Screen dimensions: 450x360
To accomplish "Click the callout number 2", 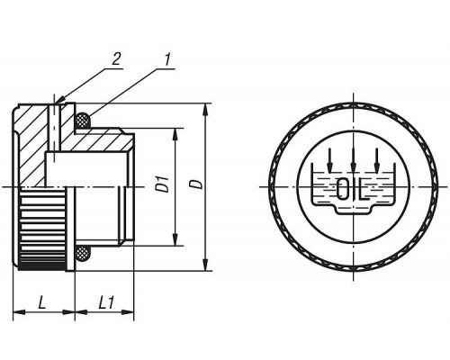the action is pyautogui.click(x=116, y=58).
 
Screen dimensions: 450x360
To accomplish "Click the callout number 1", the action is pyautogui.click(x=167, y=59).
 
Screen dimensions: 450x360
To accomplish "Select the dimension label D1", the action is pyautogui.click(x=164, y=184).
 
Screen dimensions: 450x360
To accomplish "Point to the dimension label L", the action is pyautogui.click(x=42, y=302).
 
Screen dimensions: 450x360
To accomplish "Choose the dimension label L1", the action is pyautogui.click(x=106, y=302).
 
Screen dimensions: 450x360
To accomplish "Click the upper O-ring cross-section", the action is pyautogui.click(x=82, y=120).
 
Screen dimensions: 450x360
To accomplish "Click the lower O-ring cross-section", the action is pyautogui.click(x=82, y=254).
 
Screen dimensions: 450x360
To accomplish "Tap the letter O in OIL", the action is pyautogui.click(x=342, y=189).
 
